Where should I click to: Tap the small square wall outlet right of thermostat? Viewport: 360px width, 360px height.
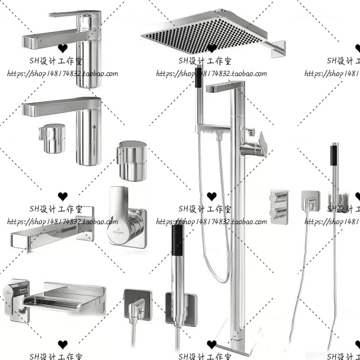(310, 201)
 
